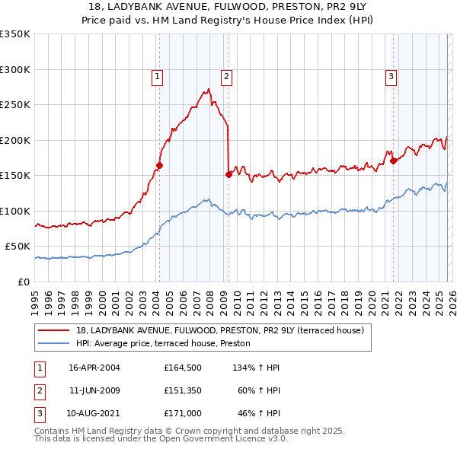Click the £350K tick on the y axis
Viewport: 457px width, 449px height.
[15, 34]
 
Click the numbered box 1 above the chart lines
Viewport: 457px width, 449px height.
[157, 76]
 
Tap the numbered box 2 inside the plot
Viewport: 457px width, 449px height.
[227, 76]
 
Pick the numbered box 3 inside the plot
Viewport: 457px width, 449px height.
[391, 76]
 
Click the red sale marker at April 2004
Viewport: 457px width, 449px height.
[160, 165]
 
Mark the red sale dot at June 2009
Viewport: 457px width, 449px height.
[228, 174]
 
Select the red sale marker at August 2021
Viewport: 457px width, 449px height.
[393, 161]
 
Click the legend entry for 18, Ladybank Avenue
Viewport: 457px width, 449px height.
[220, 330]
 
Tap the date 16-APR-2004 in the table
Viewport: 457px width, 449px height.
[94, 368]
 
